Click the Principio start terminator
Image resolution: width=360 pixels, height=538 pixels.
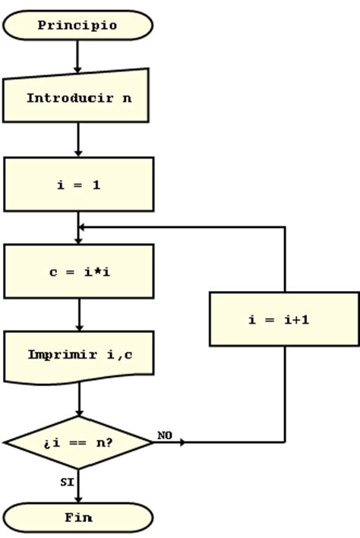click(78, 25)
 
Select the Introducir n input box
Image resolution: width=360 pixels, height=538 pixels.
click(78, 97)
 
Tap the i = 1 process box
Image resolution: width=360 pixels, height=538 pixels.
click(78, 184)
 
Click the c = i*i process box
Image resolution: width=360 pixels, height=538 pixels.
click(78, 271)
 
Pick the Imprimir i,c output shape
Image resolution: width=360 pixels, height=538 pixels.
click(78, 355)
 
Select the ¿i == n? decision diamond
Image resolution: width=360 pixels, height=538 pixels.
click(78, 441)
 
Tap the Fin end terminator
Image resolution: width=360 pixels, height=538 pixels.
click(78, 517)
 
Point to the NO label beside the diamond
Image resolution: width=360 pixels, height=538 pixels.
click(165, 435)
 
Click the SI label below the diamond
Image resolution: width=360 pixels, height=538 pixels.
click(67, 481)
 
